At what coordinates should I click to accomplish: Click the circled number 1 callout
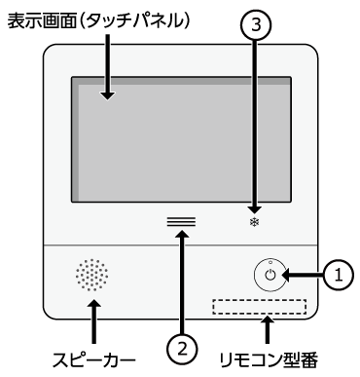339,276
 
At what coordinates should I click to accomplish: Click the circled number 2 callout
183,349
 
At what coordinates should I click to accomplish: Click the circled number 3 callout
256,24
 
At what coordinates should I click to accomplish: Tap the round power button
270,275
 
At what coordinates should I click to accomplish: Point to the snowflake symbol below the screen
255,222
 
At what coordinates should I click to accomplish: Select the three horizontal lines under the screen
181,221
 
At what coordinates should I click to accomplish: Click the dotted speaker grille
92,275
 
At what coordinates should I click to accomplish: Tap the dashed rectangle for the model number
260,307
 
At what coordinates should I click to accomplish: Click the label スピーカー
94,359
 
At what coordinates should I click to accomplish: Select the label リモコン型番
268,359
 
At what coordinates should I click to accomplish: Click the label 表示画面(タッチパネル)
98,20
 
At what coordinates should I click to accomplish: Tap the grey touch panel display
181,139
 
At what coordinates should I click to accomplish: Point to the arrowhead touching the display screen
107,95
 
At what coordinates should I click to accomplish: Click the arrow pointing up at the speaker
94,321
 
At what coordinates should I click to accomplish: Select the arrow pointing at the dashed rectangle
267,329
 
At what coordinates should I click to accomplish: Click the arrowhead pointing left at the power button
286,276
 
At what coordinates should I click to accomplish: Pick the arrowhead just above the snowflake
255,209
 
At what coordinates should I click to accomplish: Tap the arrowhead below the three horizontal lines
183,233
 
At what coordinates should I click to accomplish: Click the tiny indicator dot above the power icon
270,262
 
